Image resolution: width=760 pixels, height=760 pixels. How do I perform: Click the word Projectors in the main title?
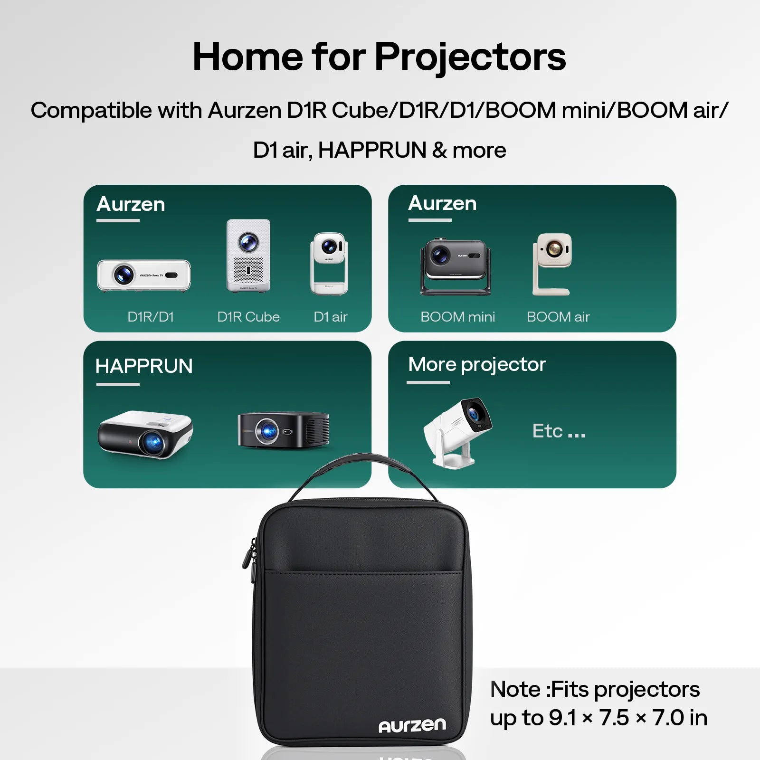tap(470, 57)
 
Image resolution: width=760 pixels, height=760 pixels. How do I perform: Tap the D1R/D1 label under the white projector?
tap(151, 317)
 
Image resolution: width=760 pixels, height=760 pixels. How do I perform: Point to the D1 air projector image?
tap(329, 264)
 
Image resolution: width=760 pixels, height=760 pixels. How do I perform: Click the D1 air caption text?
tap(331, 317)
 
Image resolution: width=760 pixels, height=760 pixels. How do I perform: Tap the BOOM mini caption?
tap(457, 317)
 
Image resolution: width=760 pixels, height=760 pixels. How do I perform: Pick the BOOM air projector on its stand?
tap(552, 264)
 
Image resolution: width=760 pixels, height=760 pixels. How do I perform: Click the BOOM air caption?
tap(558, 317)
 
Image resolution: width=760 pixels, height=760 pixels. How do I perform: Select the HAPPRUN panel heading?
tap(144, 366)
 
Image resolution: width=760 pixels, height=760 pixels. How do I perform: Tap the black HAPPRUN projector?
tap(284, 430)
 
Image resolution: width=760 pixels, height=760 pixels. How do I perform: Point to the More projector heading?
tap(477, 365)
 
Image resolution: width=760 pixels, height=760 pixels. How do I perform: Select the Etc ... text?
tap(559, 431)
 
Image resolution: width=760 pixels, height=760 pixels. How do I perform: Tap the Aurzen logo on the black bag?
tap(412, 725)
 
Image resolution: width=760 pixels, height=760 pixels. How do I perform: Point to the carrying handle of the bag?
tap(363, 465)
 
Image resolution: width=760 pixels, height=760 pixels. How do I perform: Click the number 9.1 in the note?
tap(562, 718)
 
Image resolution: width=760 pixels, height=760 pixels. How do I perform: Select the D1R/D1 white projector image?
tap(143, 275)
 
